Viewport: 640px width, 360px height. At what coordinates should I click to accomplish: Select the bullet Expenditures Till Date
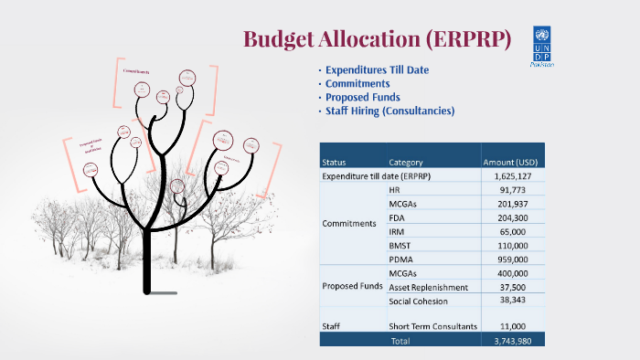pos(377,69)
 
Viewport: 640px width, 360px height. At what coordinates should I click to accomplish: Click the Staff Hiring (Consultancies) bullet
pos(389,111)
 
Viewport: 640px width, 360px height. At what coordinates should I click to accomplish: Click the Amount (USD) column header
pos(513,162)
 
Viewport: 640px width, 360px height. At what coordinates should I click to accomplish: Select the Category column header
pos(405,162)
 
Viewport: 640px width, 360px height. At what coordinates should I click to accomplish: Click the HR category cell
pos(394,189)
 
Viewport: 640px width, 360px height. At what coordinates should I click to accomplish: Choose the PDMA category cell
pos(400,259)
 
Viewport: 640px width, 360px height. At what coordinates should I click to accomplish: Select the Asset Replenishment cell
pos(430,286)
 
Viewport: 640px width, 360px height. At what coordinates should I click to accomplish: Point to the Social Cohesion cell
pos(420,301)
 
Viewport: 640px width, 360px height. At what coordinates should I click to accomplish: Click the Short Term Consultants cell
pos(433,326)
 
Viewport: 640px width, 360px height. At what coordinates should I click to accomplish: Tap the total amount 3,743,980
pos(513,340)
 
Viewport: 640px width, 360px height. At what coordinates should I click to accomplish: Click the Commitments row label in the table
pos(349,223)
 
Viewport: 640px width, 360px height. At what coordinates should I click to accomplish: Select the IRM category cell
pos(397,231)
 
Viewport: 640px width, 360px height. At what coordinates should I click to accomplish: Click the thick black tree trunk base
pos(148,274)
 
